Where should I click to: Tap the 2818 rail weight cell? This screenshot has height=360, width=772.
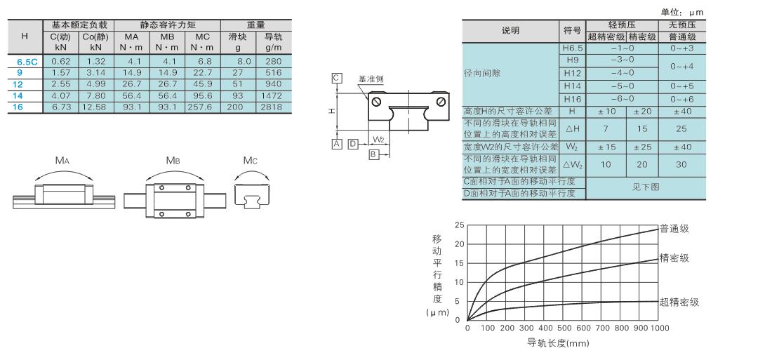pyautogui.click(x=273, y=107)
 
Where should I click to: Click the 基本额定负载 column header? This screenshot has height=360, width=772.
pyautogui.click(x=79, y=25)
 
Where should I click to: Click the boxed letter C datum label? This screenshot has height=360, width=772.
pyautogui.click(x=337, y=78)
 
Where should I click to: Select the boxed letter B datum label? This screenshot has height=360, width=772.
pyautogui.click(x=373, y=154)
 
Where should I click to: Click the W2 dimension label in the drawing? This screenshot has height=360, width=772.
pyautogui.click(x=378, y=140)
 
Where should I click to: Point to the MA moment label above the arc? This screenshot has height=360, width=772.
pyautogui.click(x=62, y=160)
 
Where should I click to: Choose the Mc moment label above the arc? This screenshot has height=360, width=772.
pyautogui.click(x=250, y=161)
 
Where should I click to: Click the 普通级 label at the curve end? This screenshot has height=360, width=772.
pyautogui.click(x=674, y=229)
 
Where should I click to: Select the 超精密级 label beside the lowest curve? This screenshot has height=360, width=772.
pyautogui.click(x=679, y=302)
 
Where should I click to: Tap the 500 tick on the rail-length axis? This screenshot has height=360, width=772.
pyautogui.click(x=564, y=328)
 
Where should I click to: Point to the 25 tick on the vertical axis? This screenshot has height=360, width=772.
pyautogui.click(x=460, y=225)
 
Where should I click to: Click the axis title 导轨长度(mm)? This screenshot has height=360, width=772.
pyautogui.click(x=558, y=343)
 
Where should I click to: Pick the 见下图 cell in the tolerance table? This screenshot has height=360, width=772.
pyautogui.click(x=645, y=187)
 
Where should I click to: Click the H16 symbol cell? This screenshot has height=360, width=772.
pyautogui.click(x=571, y=99)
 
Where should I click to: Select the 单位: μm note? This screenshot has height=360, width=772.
pyautogui.click(x=682, y=13)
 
